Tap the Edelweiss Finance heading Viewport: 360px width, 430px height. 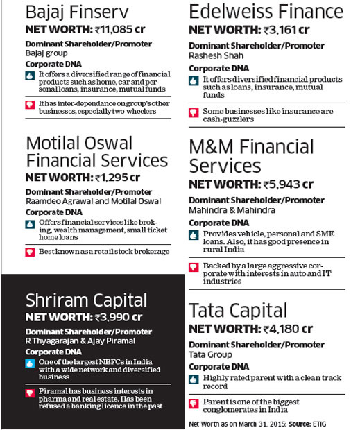pyautogui.click(x=266, y=12)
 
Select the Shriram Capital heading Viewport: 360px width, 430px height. pyautogui.click(x=86, y=300)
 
